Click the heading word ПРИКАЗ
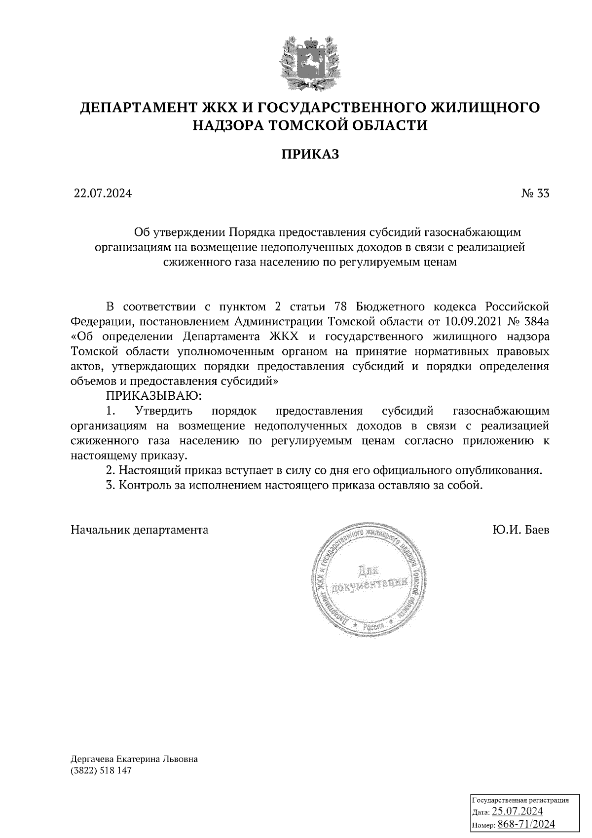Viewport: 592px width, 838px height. click(x=311, y=155)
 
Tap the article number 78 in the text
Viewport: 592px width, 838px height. click(x=343, y=307)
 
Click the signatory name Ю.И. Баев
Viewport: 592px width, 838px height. click(x=520, y=530)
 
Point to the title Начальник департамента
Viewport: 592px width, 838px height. click(x=140, y=530)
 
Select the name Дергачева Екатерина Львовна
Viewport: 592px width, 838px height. click(x=134, y=759)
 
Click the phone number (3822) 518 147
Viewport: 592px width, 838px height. click(x=102, y=771)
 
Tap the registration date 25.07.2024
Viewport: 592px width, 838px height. click(x=517, y=811)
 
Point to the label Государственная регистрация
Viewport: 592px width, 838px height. click(x=521, y=800)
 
